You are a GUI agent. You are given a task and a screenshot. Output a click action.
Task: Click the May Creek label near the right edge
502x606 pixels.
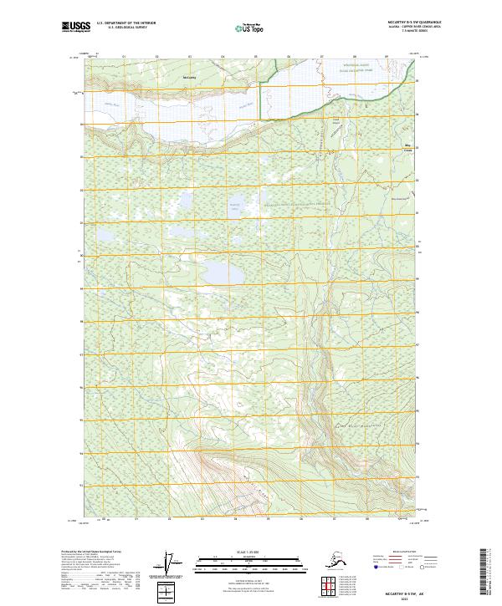point(408,148)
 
